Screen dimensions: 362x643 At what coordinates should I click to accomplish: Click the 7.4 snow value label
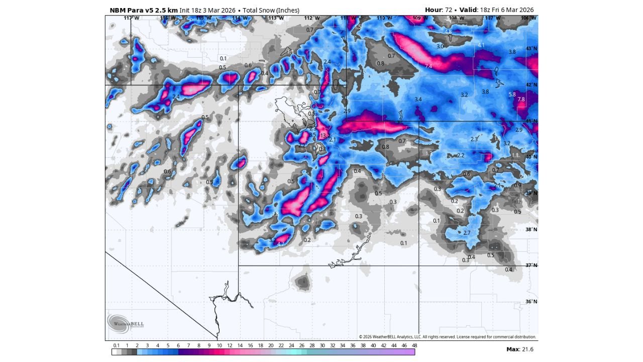pyautogui.click(x=428, y=66)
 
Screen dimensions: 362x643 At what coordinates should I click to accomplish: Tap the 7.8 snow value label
pyautogui.click(x=521, y=100)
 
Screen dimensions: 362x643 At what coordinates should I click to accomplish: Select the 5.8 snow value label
pyautogui.click(x=512, y=95)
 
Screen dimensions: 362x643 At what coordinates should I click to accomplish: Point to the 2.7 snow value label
pyautogui.click(x=467, y=233)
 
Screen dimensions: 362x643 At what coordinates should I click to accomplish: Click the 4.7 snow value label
pyautogui.click(x=281, y=244)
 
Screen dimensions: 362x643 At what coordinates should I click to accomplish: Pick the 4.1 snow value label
pyautogui.click(x=481, y=45)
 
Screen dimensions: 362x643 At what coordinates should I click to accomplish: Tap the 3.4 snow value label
pyautogui.click(x=418, y=100)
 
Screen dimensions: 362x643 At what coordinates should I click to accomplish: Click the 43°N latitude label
pyautogui.click(x=531, y=49)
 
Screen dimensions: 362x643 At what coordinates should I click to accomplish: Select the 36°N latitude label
pyautogui.click(x=531, y=302)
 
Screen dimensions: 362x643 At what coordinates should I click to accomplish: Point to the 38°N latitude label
pyautogui.click(x=531, y=230)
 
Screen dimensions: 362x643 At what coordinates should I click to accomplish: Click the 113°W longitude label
pyautogui.click(x=276, y=18)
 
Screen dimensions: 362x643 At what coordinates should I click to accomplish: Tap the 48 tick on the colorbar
pyautogui.click(x=414, y=345)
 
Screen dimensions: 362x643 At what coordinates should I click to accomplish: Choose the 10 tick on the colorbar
pyautogui.click(x=219, y=345)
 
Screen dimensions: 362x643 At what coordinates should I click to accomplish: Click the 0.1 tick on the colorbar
pyautogui.click(x=116, y=345)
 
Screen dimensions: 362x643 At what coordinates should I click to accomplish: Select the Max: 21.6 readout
pyautogui.click(x=519, y=349)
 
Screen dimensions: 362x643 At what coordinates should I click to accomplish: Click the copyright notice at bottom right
pyautogui.click(x=447, y=337)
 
